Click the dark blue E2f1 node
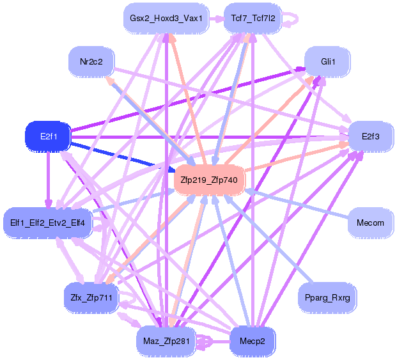tap(47, 136)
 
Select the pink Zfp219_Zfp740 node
tap(208, 180)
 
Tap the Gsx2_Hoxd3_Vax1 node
tap(166, 19)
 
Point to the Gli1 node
tap(329, 61)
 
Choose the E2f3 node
tap(370, 136)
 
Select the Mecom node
tap(370, 223)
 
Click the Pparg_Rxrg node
tap(329, 297)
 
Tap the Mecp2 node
tap(253, 341)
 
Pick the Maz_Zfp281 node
tap(166, 341)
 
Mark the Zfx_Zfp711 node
tap(91, 297)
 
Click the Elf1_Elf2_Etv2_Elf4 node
tap(48, 223)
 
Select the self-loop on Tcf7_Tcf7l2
tap(292, 19)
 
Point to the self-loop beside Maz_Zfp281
tap(206, 342)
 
